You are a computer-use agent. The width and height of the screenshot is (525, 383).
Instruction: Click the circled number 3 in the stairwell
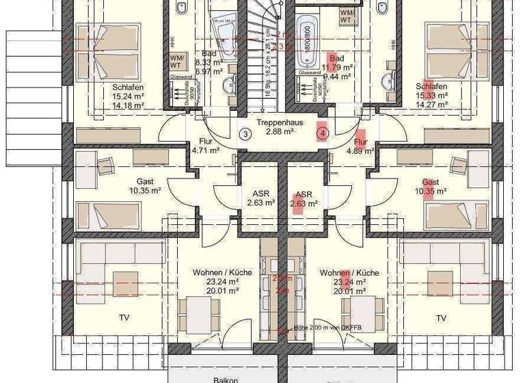245,134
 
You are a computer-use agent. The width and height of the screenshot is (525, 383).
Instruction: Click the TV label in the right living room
442,318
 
